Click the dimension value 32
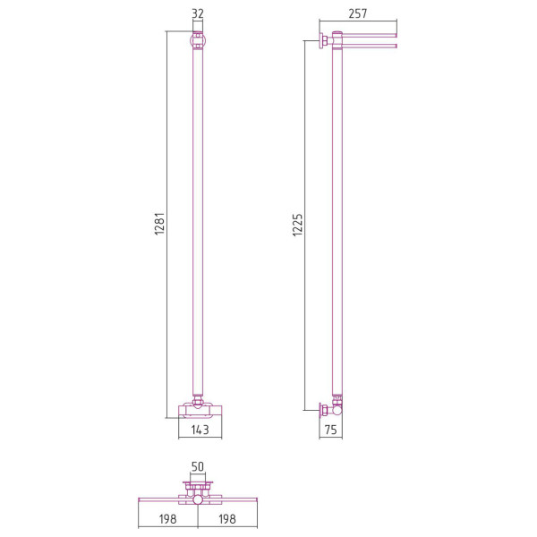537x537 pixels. [x=198, y=13]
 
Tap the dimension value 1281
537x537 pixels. [x=160, y=224]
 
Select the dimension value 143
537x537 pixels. [x=200, y=430]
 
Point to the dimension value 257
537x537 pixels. [x=358, y=13]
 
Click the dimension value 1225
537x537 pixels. [x=298, y=225]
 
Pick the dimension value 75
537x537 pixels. [x=331, y=430]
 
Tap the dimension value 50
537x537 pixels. [x=198, y=466]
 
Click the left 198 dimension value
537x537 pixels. [x=168, y=519]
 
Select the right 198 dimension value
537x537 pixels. [x=227, y=519]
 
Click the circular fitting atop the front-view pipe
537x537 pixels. [x=198, y=39]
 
